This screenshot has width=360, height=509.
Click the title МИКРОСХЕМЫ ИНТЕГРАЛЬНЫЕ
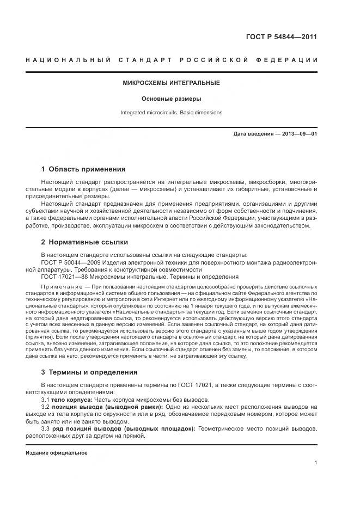[x=171, y=83]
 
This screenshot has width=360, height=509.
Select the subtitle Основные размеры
[x=171, y=99]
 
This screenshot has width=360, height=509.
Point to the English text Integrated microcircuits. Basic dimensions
[x=171, y=113]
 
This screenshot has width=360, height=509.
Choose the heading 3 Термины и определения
[x=89, y=372]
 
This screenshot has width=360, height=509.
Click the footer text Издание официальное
[x=56, y=453]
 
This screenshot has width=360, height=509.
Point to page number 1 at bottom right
[x=315, y=463]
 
